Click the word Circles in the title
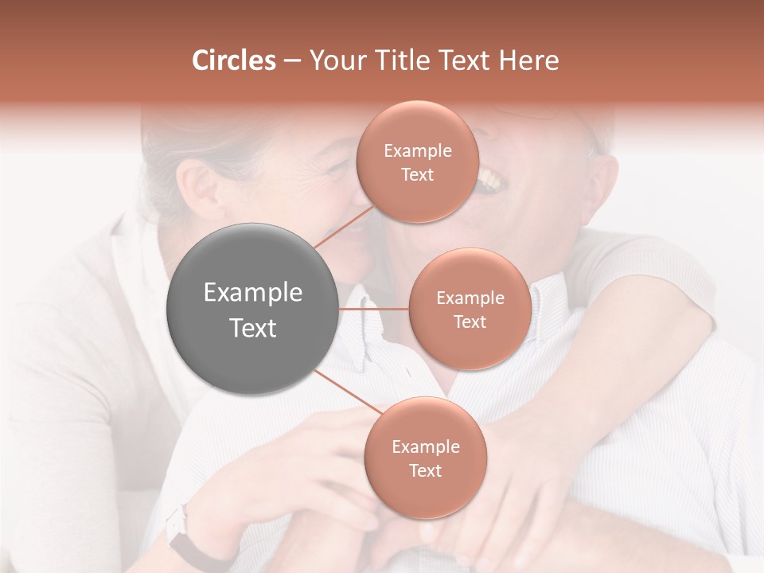[233, 60]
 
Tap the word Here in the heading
[528, 60]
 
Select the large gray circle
[253, 309]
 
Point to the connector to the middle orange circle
[374, 309]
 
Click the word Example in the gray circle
[253, 293]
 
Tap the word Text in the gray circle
[253, 328]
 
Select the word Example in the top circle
[418, 151]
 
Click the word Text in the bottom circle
[425, 471]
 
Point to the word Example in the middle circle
[470, 298]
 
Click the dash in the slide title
[292, 61]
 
